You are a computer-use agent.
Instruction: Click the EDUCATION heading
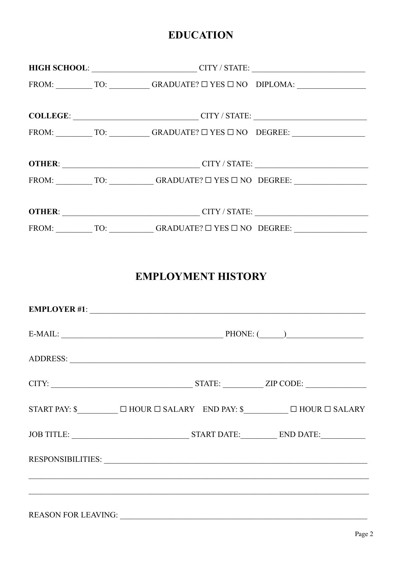tap(201, 35)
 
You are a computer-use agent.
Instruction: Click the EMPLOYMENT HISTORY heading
tap(201, 277)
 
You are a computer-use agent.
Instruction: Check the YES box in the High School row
tap(205, 85)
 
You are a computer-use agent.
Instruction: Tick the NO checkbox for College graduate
tap(231, 133)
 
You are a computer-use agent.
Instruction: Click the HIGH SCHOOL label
tap(58, 68)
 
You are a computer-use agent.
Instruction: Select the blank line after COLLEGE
tap(136, 117)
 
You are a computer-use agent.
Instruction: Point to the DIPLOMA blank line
tap(331, 86)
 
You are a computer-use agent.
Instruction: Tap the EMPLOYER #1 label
tap(57, 309)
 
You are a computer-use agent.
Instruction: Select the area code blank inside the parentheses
tap(272, 335)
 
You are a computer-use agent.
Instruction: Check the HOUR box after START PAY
tap(123, 409)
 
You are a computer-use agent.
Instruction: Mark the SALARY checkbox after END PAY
tap(328, 409)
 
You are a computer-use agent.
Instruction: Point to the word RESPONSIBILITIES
tap(65, 459)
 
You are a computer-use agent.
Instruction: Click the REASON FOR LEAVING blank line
tap(243, 517)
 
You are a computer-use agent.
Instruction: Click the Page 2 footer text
tap(364, 534)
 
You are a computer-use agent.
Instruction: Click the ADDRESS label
tap(48, 359)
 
